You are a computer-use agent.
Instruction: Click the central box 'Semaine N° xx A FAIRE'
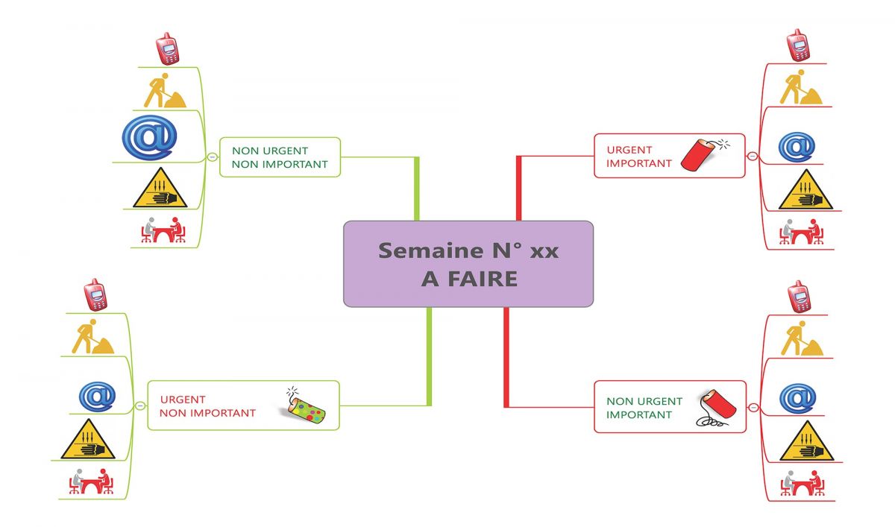(468, 263)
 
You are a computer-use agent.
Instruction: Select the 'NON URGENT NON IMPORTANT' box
(280, 157)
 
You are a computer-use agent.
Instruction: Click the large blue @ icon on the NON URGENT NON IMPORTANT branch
(149, 136)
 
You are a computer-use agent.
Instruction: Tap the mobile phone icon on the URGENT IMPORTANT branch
(798, 45)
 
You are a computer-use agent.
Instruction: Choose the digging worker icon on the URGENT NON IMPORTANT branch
(92, 337)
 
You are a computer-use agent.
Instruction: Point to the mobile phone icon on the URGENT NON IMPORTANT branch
(95, 294)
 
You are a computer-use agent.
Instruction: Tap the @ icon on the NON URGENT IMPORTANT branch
(797, 397)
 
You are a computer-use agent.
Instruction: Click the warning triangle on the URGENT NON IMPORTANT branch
(87, 441)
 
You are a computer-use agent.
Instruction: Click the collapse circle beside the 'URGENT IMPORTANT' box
(752, 156)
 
